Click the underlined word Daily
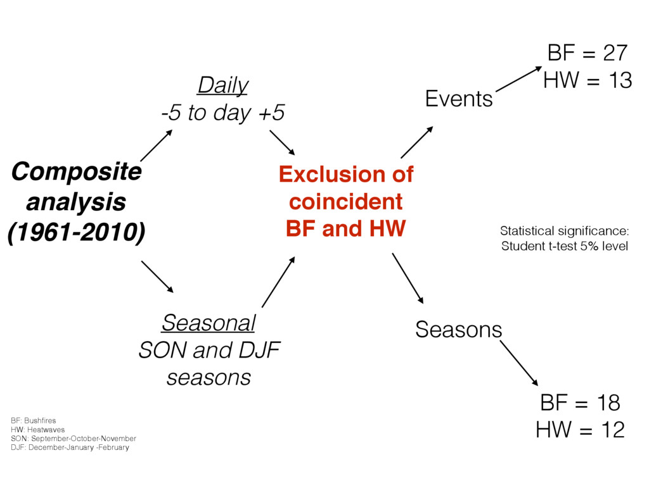223,86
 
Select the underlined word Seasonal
209,323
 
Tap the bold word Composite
77,172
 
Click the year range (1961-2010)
77,232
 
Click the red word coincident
345,202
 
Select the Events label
459,99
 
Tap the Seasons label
459,329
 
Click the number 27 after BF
615,53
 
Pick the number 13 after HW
620,80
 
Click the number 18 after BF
608,402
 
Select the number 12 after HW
613,430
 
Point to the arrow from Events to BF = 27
518,78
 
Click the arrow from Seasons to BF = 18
519,363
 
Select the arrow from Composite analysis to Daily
157,146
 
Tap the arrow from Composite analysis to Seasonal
157,277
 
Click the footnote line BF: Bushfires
34,421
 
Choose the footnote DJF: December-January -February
70,447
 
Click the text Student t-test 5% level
565,246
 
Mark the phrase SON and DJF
209,350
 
